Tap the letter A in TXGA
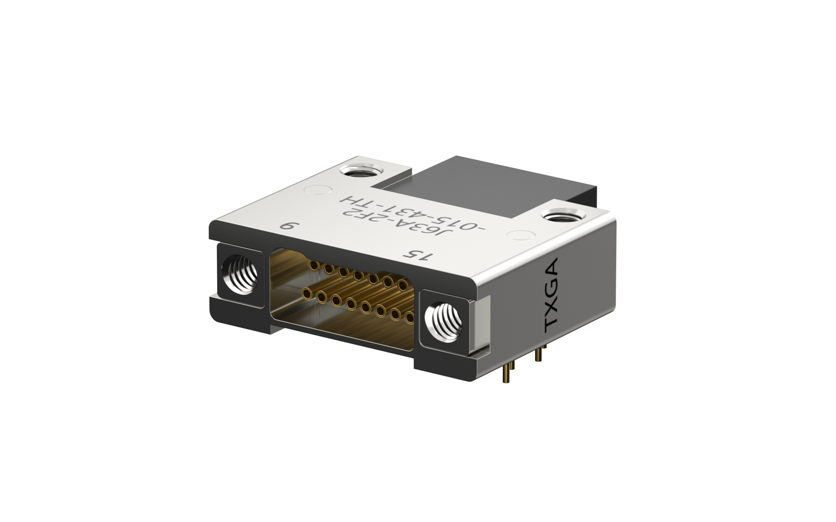point(552,266)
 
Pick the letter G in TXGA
point(552,284)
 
